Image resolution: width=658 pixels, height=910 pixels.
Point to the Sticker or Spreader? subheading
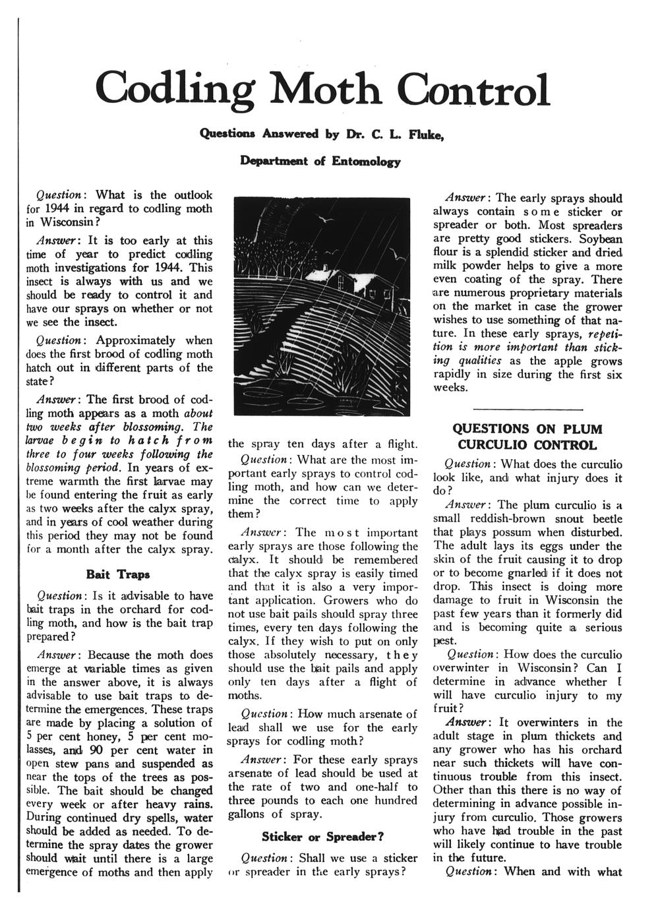coord(323,837)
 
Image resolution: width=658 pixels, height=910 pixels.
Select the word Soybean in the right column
coord(599,239)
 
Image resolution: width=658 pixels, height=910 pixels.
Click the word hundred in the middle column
coord(393,801)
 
